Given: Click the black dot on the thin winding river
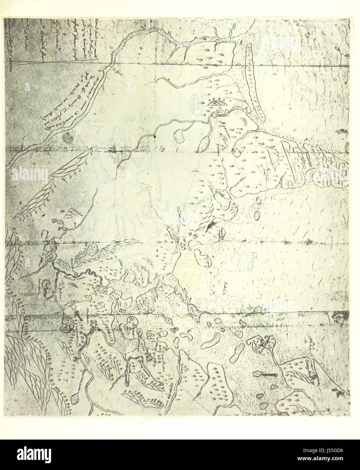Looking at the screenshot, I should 154,136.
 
